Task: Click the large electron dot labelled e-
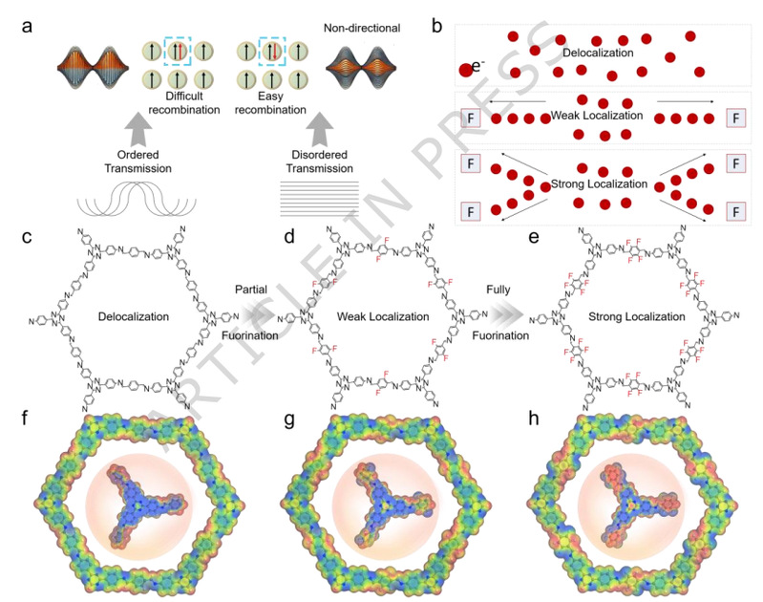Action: [x=467, y=69]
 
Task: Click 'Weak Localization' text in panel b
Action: [x=599, y=116]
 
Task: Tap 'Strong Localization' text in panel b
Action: [x=599, y=182]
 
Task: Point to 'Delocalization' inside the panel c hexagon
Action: [x=125, y=314]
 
